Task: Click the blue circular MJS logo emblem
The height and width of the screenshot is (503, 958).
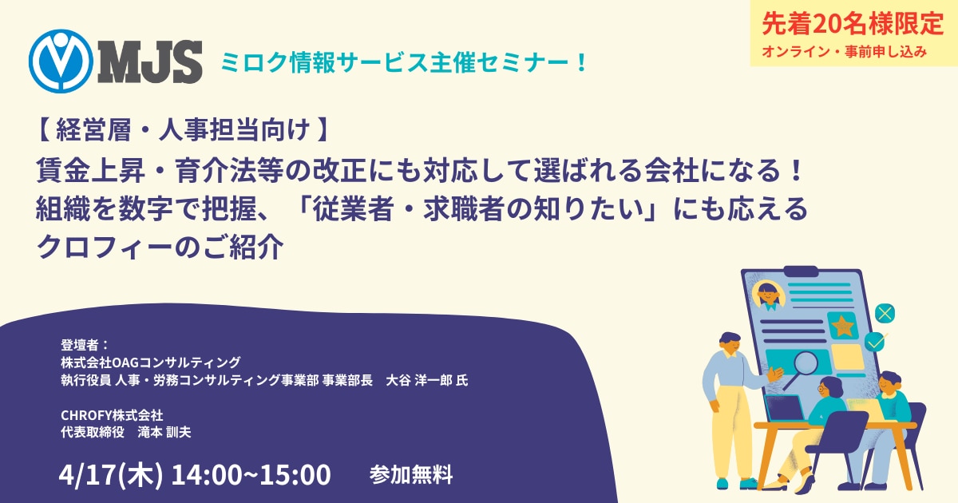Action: [61, 61]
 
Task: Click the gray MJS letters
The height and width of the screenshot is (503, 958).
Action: [150, 61]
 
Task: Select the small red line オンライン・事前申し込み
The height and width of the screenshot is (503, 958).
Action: [845, 52]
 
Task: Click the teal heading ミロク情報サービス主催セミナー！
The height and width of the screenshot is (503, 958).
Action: [404, 62]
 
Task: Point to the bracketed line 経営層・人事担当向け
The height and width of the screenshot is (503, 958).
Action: [183, 129]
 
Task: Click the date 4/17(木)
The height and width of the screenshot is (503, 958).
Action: [111, 474]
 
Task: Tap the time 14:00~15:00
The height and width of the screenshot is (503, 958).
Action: [251, 474]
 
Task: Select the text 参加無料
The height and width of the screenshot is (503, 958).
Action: [411, 475]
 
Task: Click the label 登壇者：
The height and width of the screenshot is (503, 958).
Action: [85, 345]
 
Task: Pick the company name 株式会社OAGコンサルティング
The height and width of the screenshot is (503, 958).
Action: [151, 362]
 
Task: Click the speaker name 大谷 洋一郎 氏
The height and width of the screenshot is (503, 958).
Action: [427, 380]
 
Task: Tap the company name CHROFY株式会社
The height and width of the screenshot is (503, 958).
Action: [112, 415]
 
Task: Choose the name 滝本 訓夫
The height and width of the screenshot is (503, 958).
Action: [164, 432]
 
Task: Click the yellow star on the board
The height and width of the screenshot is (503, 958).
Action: [842, 326]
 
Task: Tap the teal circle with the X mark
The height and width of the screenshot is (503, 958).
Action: [885, 314]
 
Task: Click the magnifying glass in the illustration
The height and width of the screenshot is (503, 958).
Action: [801, 368]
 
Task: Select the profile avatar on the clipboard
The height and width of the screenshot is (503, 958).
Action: [769, 295]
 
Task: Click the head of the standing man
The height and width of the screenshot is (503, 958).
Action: [730, 344]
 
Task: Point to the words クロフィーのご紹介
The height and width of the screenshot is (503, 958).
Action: [160, 247]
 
